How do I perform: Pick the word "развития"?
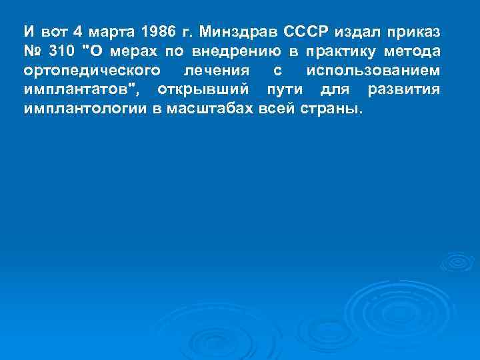[x=404, y=90]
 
